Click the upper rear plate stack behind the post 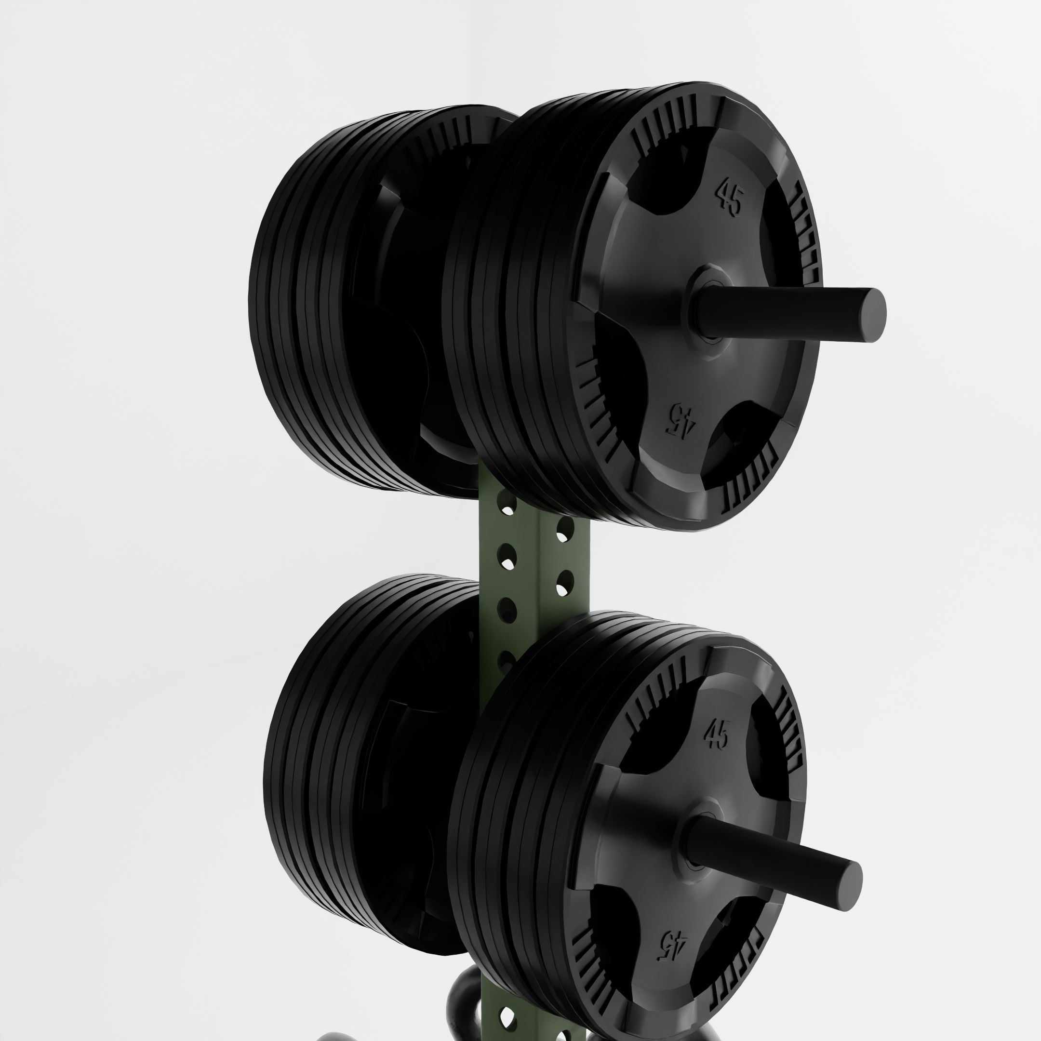click(x=334, y=302)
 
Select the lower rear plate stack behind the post click(x=345, y=765)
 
